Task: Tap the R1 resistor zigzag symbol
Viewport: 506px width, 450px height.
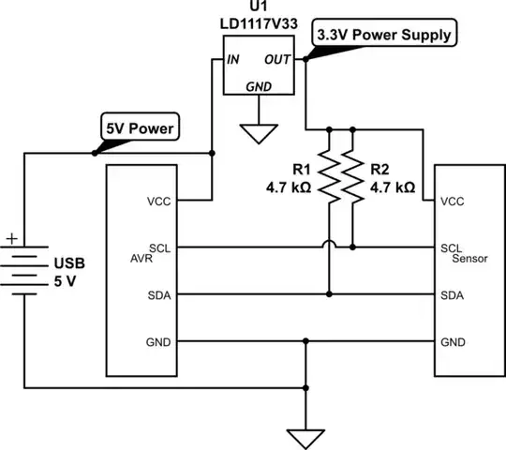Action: (x=329, y=174)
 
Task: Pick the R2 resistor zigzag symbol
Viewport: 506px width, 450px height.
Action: (x=352, y=174)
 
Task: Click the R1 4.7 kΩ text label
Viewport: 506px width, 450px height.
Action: (x=290, y=178)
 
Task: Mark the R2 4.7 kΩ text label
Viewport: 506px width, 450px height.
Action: (x=391, y=178)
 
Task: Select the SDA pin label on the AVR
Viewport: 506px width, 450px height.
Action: (x=159, y=294)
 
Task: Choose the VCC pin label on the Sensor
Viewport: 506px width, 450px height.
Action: (x=454, y=201)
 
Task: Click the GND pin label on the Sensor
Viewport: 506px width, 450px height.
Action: (x=454, y=341)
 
